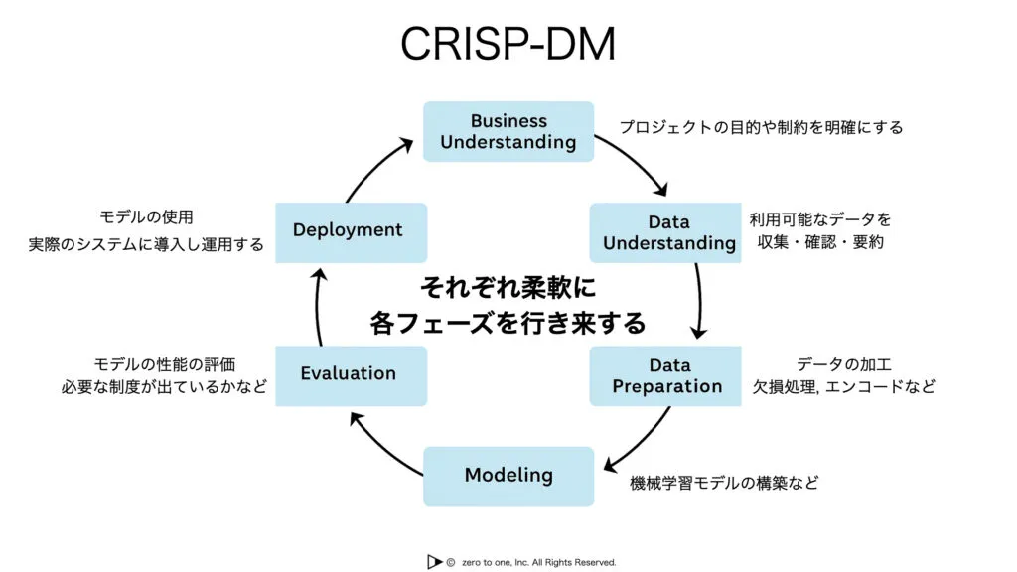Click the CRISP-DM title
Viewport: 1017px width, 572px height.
(508, 45)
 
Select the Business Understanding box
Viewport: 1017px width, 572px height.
(508, 131)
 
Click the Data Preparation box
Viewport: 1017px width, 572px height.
(666, 375)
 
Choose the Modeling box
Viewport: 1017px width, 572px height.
(508, 476)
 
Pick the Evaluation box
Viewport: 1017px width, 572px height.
(350, 374)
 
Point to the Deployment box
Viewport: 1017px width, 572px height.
(350, 231)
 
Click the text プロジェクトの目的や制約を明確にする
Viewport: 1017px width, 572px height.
(761, 127)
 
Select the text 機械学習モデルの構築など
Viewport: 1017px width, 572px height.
(724, 484)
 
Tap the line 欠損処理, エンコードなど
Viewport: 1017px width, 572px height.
(842, 386)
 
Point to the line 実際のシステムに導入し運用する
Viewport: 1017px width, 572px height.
(146, 243)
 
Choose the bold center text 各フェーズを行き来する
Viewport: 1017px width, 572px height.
(508, 323)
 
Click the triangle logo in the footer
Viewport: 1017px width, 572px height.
(434, 562)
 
